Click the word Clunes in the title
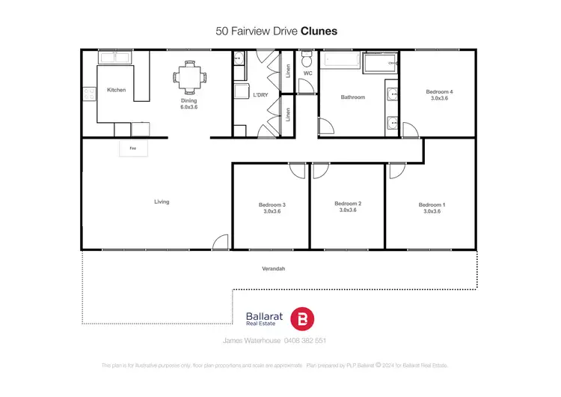click(x=319, y=31)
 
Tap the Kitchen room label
click(x=116, y=90)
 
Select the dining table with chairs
click(x=188, y=76)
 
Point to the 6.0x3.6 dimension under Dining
click(x=188, y=107)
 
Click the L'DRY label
click(x=261, y=95)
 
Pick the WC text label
click(x=307, y=73)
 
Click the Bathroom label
click(x=352, y=97)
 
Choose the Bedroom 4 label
click(x=439, y=91)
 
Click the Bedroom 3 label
click(x=272, y=204)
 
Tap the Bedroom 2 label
click(x=348, y=204)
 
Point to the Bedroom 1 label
click(x=432, y=204)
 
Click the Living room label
click(x=162, y=201)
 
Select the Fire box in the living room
click(x=133, y=148)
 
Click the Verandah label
click(x=274, y=268)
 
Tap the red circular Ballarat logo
click(x=302, y=318)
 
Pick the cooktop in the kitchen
click(x=89, y=94)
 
